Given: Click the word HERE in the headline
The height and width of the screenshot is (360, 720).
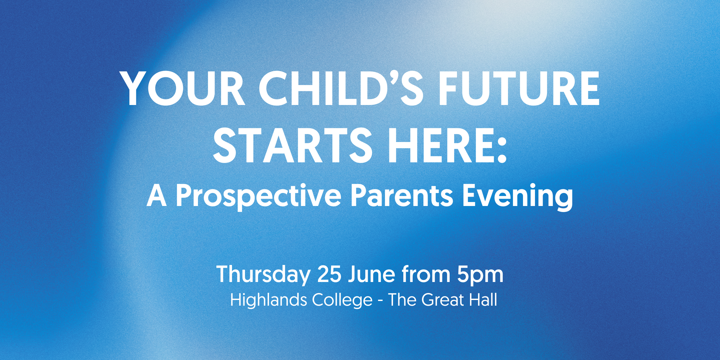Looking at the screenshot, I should click(x=438, y=146).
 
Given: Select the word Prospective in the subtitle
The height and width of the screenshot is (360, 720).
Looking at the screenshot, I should click(x=258, y=197).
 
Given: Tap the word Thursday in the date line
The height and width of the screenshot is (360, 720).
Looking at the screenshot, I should click(x=263, y=275).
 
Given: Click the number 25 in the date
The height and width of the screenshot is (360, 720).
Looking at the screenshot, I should click(x=329, y=274).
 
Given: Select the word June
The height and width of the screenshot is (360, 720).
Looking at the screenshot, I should click(x=372, y=274).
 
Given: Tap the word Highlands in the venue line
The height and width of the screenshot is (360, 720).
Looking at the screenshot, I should click(x=268, y=300).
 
